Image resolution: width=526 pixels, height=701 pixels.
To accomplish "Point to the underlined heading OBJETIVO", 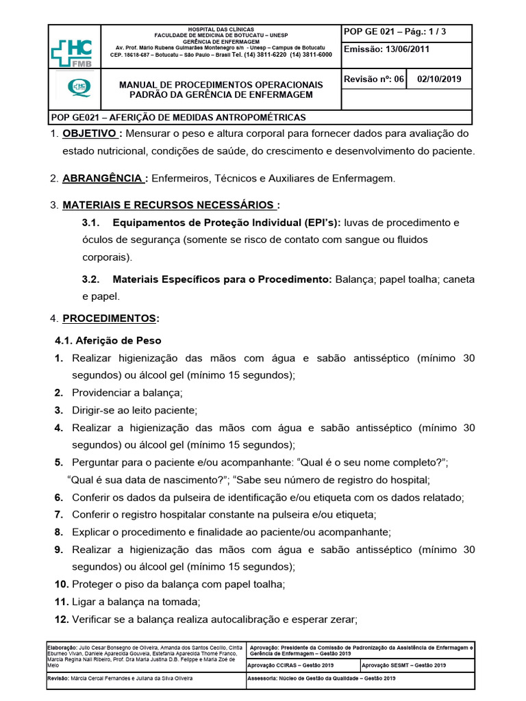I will (88, 133).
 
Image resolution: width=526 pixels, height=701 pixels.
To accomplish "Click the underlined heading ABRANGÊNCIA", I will (103, 178).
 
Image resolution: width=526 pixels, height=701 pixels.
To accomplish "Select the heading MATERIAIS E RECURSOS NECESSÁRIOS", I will (170, 205).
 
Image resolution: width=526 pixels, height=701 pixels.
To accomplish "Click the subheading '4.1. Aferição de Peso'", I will (108, 340).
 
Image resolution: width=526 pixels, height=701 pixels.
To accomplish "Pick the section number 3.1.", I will (91, 222).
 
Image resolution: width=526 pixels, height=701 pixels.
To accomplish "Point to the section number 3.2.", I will (91, 279).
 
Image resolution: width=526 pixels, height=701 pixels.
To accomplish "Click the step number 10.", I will (61, 584).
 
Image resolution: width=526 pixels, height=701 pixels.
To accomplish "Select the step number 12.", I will (61, 620).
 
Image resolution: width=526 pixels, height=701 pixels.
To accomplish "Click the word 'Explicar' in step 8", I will (92, 532).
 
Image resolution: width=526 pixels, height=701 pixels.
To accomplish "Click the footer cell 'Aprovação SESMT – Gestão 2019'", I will (403, 665).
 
